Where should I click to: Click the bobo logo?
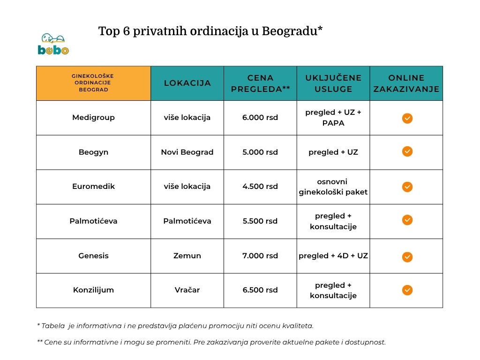(53, 44)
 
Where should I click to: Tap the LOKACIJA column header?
(187, 83)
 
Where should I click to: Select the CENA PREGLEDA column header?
(260, 83)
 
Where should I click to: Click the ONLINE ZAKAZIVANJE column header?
(406, 83)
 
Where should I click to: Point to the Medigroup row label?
(93, 118)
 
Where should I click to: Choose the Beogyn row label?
(93, 152)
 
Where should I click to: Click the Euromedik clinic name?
(93, 187)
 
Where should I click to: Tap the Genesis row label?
(93, 255)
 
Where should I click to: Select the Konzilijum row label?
(93, 290)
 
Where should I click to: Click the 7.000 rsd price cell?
(260, 255)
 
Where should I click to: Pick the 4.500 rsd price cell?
(260, 187)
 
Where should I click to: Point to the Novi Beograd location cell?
(187, 152)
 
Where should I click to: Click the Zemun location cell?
(187, 255)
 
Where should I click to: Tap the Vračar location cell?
(187, 290)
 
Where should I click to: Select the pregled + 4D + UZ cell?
(333, 255)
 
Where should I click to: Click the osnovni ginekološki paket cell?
(333, 187)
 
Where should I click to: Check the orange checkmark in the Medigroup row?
(407, 118)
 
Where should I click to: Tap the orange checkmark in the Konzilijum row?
(407, 290)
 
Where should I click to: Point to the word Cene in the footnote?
(52, 342)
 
